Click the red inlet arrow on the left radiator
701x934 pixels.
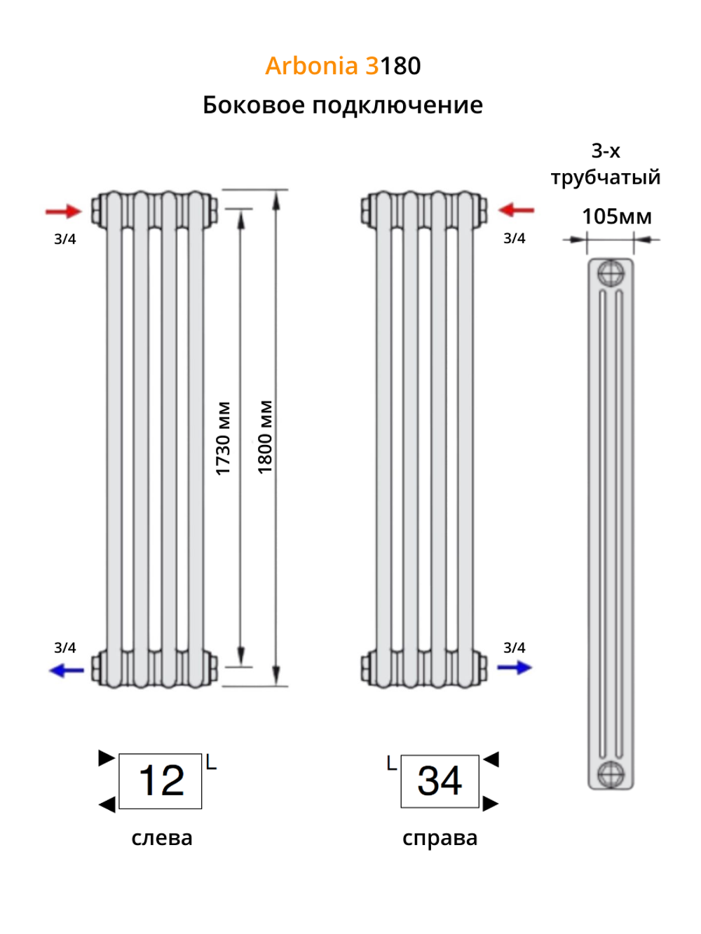click(63, 211)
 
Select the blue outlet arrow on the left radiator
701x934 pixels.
click(67, 670)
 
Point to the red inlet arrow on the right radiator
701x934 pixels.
click(516, 210)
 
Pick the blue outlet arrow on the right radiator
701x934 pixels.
click(515, 667)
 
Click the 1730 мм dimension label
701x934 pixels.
click(223, 439)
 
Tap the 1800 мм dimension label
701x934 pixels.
click(264, 437)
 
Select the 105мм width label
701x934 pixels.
click(616, 217)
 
